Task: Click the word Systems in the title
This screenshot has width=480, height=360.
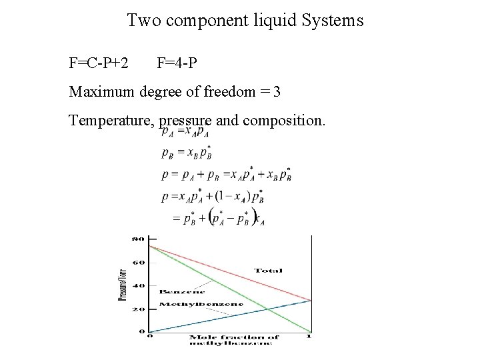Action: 331,21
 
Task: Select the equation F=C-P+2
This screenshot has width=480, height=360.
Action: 99,64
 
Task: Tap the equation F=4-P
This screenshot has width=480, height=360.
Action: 177,64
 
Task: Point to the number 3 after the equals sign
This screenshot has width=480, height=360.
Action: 277,93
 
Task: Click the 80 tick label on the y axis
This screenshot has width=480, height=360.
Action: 138,239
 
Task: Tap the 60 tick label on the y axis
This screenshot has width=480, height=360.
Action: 138,262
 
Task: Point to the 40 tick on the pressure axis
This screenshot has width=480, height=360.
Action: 138,285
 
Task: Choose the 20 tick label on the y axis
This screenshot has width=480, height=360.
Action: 138,309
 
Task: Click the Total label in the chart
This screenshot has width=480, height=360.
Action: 268,271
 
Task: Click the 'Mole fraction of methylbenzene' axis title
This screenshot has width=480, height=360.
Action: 233,341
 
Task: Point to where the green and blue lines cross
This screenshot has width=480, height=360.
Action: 267,308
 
